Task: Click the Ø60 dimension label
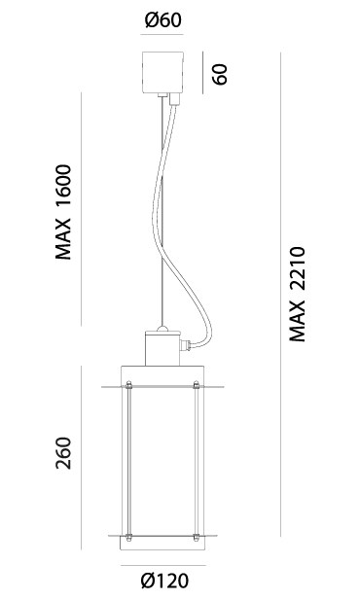click(163, 19)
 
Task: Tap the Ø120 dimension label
click(164, 581)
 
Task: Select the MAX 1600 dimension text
click(63, 212)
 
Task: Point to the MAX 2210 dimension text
click(297, 294)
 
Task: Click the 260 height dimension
click(63, 453)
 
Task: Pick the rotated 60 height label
click(220, 74)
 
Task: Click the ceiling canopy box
click(162, 72)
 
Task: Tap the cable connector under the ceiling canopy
click(174, 99)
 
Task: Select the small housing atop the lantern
click(162, 348)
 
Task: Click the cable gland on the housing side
click(186, 345)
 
